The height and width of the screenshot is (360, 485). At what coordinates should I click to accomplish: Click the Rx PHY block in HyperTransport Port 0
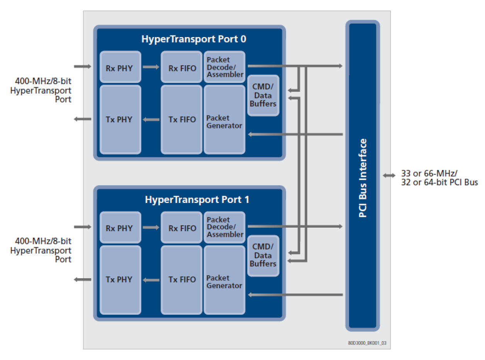tap(120, 67)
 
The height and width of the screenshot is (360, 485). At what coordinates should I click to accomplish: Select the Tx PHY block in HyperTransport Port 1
tap(120, 280)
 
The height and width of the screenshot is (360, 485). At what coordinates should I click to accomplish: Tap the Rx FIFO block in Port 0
tap(182, 67)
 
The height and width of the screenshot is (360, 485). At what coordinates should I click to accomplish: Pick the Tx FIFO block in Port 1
tap(182, 280)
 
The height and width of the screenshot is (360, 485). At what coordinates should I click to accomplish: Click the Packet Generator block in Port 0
tap(224, 122)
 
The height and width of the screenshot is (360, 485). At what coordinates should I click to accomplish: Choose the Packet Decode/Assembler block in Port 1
tap(224, 227)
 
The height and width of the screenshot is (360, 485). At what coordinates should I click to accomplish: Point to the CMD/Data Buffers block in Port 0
tap(263, 96)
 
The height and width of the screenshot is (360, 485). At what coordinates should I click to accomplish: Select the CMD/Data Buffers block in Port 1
tap(263, 255)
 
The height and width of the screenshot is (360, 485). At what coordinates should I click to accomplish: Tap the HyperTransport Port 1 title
tap(197, 199)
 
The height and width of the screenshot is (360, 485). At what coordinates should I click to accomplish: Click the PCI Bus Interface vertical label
tap(363, 178)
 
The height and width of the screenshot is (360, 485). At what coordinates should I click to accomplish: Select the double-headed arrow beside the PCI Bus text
tap(389, 176)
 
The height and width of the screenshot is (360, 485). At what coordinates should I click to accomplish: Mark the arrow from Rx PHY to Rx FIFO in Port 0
tap(151, 67)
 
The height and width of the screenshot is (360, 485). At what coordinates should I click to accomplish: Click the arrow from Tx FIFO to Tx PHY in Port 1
tap(151, 280)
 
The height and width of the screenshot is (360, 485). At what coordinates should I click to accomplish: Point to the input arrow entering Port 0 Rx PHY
tap(83, 66)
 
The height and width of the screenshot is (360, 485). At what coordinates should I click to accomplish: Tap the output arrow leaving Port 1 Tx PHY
tap(83, 280)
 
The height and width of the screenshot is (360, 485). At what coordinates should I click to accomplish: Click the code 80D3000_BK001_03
tap(368, 343)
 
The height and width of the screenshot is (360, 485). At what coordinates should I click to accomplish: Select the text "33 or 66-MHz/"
tap(429, 173)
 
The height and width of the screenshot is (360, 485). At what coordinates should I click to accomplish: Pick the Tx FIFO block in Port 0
tap(182, 120)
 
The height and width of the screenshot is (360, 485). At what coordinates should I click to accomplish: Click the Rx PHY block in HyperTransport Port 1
tap(120, 228)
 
